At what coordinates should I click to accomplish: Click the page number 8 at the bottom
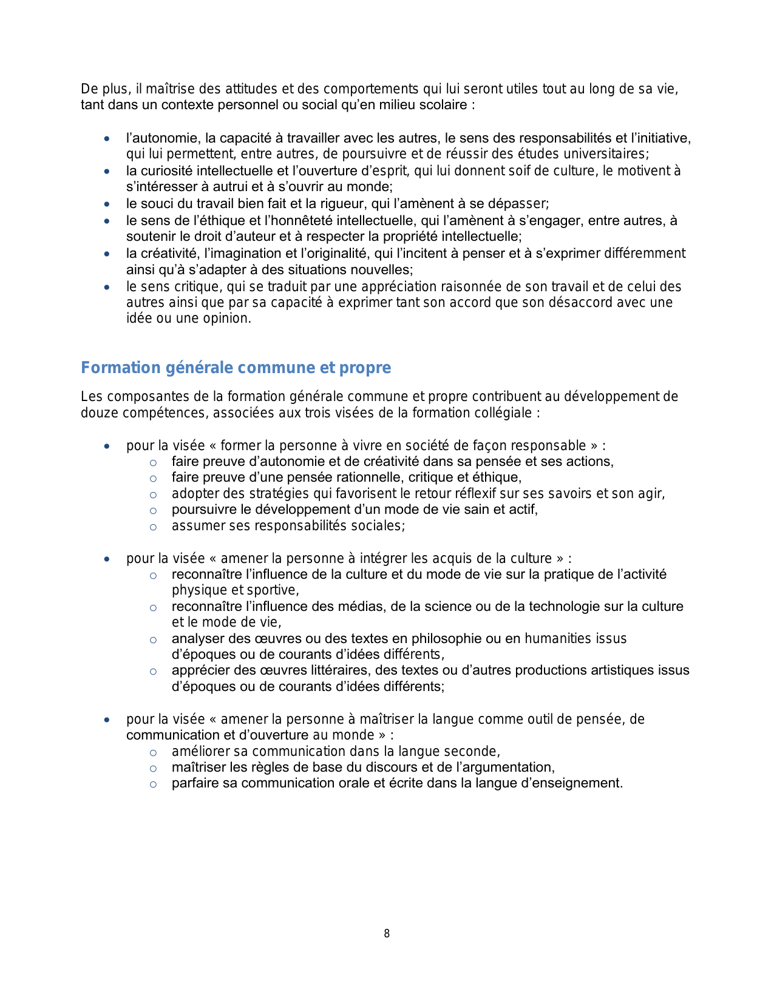[387, 934]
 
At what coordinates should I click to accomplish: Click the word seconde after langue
[472, 752]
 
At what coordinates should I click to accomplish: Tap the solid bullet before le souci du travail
[107, 204]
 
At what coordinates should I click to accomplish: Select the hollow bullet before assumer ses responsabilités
[153, 527]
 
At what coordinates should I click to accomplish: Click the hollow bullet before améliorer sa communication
[153, 752]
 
